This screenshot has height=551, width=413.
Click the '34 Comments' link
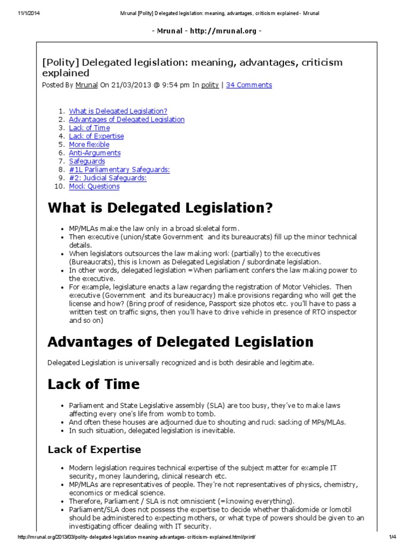(249, 85)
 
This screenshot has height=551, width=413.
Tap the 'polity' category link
(210, 85)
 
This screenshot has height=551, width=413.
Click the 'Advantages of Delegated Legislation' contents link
(126, 119)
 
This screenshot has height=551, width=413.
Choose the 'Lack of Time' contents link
(89, 128)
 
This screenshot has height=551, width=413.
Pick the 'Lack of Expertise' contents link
(96, 136)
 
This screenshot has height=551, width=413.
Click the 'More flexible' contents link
(89, 145)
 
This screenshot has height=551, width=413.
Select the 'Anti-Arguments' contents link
(95, 153)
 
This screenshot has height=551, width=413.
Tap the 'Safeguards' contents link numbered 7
(87, 161)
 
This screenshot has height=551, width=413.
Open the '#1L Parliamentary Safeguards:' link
(119, 169)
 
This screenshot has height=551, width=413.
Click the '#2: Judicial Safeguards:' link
(108, 178)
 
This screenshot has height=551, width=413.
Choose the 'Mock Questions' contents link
(94, 186)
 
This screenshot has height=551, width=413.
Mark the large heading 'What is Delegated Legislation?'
(160, 208)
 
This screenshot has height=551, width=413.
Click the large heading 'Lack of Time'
(94, 384)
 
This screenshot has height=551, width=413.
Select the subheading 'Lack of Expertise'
(94, 449)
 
